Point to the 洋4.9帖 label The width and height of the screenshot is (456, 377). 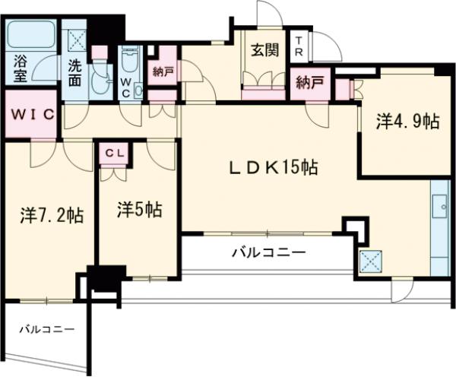point(407,122)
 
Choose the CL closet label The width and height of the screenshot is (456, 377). point(114,152)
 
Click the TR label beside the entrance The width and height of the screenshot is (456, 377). point(300,46)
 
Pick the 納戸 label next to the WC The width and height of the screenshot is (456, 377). point(162,73)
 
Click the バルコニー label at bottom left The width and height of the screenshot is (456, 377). point(46,330)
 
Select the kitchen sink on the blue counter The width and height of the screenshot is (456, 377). point(440,204)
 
